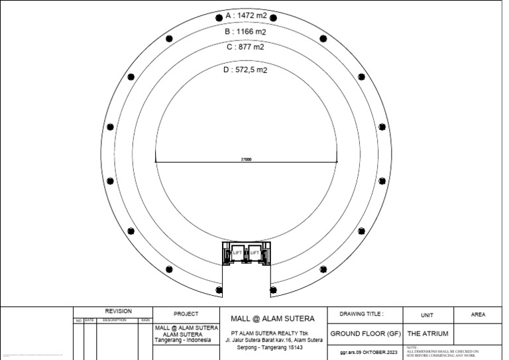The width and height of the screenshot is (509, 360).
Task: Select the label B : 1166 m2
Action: click(245, 31)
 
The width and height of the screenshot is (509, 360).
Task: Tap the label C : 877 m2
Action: click(245, 47)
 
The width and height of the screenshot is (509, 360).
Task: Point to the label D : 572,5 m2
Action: click(246, 69)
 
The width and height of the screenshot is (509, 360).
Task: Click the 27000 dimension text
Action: click(245, 159)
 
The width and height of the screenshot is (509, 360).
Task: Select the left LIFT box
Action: click(237, 253)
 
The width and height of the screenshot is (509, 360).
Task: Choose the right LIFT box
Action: click(254, 253)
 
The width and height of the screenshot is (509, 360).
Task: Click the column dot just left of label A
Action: click(219, 17)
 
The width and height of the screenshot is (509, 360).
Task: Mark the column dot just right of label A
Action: click(273, 17)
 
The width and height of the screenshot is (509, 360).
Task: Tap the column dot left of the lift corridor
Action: click(219, 290)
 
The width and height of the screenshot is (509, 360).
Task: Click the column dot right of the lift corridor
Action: click(273, 290)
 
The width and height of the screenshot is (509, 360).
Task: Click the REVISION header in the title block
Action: click(119, 312)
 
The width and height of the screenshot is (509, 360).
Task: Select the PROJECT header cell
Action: click(186, 314)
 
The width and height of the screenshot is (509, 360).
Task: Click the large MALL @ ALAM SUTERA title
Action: click(272, 319)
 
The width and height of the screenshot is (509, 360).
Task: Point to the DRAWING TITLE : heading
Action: click(361, 314)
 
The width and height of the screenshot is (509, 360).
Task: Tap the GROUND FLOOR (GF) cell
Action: click(365, 333)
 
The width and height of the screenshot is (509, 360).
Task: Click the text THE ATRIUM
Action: click(427, 333)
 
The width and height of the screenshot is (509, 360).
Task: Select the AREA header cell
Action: click(477, 314)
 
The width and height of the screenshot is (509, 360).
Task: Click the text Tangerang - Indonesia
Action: click(186, 340)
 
